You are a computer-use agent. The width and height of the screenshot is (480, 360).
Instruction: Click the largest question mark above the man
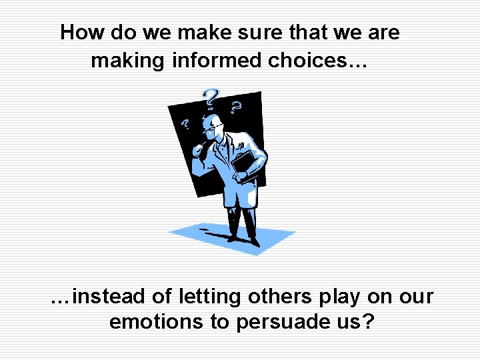coord(211,98)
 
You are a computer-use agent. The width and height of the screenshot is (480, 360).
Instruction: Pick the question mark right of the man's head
coord(235,107)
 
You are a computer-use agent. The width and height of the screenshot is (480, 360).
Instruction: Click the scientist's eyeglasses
coord(209,128)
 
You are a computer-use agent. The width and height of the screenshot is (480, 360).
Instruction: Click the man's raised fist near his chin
coord(198,149)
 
